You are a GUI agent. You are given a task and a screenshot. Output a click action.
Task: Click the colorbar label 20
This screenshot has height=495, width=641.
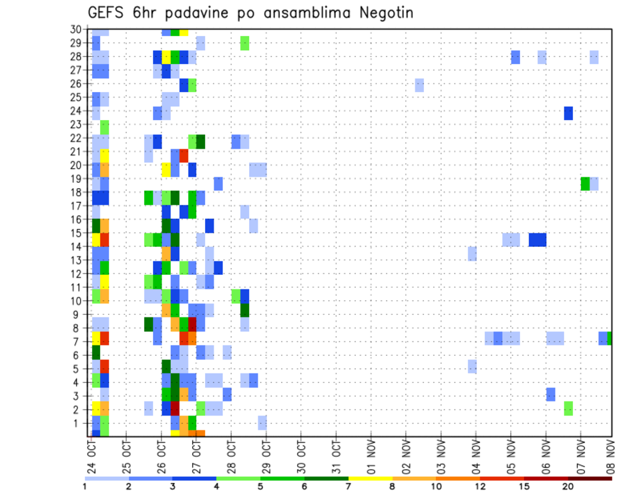click(568, 486)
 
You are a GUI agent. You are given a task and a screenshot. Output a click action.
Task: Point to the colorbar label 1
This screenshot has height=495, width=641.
click(85, 486)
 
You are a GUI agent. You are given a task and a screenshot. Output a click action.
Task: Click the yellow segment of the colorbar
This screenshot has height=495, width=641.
click(370, 478)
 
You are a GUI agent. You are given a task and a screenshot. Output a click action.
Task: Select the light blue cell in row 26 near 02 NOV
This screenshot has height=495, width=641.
click(419, 85)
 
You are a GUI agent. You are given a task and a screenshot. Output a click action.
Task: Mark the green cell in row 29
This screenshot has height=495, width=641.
click(244, 43)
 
